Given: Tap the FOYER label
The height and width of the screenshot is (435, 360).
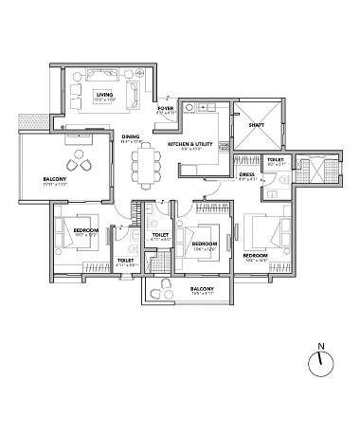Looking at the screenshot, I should click(166, 109).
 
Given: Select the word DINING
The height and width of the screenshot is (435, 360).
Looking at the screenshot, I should click(131, 136).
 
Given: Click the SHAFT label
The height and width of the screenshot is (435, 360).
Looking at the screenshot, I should click(257, 123).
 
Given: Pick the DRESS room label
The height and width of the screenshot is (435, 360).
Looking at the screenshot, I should click(246, 174).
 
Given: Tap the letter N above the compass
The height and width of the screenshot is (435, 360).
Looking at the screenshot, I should click(321, 346).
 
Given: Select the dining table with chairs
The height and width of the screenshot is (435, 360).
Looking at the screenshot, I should click(146, 163).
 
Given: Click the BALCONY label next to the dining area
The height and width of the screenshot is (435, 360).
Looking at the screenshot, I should click(54, 179).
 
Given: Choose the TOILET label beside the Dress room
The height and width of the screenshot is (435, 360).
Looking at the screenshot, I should click(275, 159).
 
